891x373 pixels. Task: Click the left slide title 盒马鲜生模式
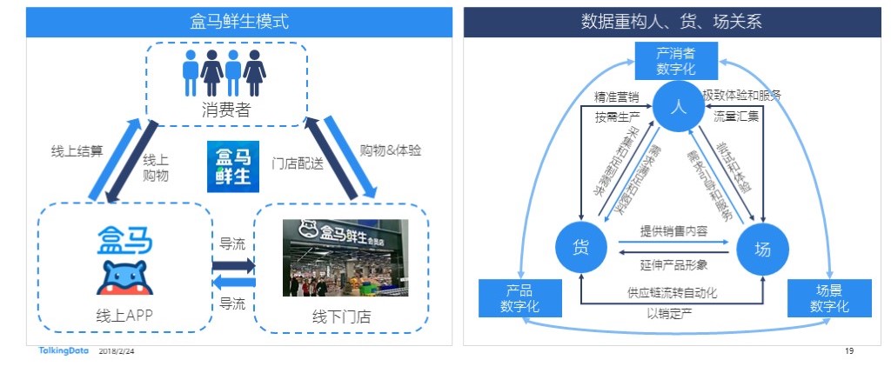click(x=239, y=21)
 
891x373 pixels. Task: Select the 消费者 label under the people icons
click(x=226, y=110)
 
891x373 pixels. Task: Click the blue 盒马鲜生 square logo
click(x=229, y=167)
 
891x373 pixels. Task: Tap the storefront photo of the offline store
click(x=345, y=256)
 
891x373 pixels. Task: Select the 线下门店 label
click(x=344, y=316)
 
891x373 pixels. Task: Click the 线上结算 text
click(x=77, y=150)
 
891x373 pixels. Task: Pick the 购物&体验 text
click(x=390, y=150)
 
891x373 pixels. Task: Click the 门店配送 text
click(x=298, y=162)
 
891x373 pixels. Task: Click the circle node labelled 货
click(x=581, y=248)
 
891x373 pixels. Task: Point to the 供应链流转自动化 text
click(x=673, y=293)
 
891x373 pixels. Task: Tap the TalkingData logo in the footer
click(x=63, y=351)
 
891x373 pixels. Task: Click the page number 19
click(x=849, y=351)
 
